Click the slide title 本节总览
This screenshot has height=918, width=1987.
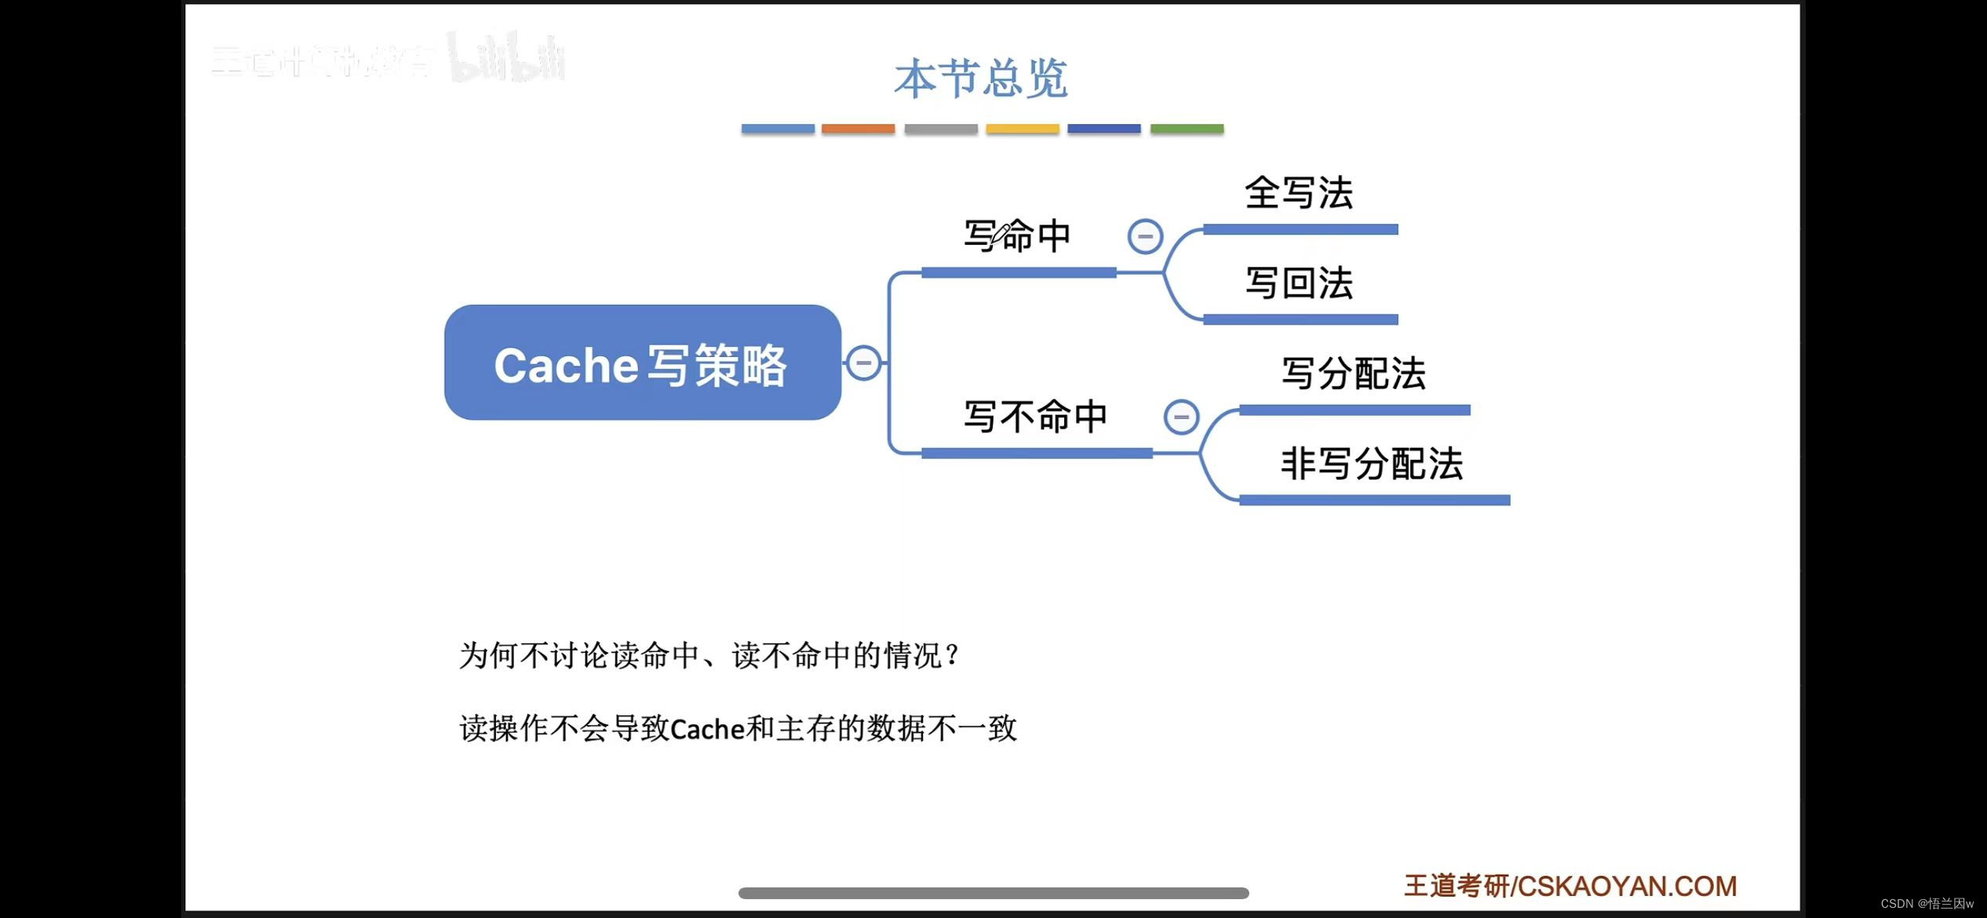coord(981,78)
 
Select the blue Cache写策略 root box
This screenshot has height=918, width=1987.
coord(642,362)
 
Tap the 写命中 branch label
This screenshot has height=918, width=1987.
coord(1017,235)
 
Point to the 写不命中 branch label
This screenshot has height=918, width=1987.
coord(1035,416)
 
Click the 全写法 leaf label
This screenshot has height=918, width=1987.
coord(1299,193)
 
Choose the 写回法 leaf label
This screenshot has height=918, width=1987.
coord(1299,283)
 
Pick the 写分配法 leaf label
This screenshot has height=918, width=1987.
coord(1353,373)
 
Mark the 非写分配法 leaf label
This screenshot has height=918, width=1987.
coord(1372,464)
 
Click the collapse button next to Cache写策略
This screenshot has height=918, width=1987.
coord(863,362)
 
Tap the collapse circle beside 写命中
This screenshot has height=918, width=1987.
coord(1145,236)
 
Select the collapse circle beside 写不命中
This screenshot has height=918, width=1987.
coord(1181,417)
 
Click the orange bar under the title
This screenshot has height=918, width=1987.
coord(858,129)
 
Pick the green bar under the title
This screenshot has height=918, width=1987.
coord(1187,129)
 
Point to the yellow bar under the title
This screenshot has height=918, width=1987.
coord(1022,129)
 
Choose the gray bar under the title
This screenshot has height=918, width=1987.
coord(940,129)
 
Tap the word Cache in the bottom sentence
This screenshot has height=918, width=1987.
coord(707,730)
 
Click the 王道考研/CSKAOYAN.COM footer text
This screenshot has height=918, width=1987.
coord(1570,886)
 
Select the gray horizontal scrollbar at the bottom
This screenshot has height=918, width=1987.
coord(993,893)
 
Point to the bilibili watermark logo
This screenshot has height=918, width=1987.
coord(507,59)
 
